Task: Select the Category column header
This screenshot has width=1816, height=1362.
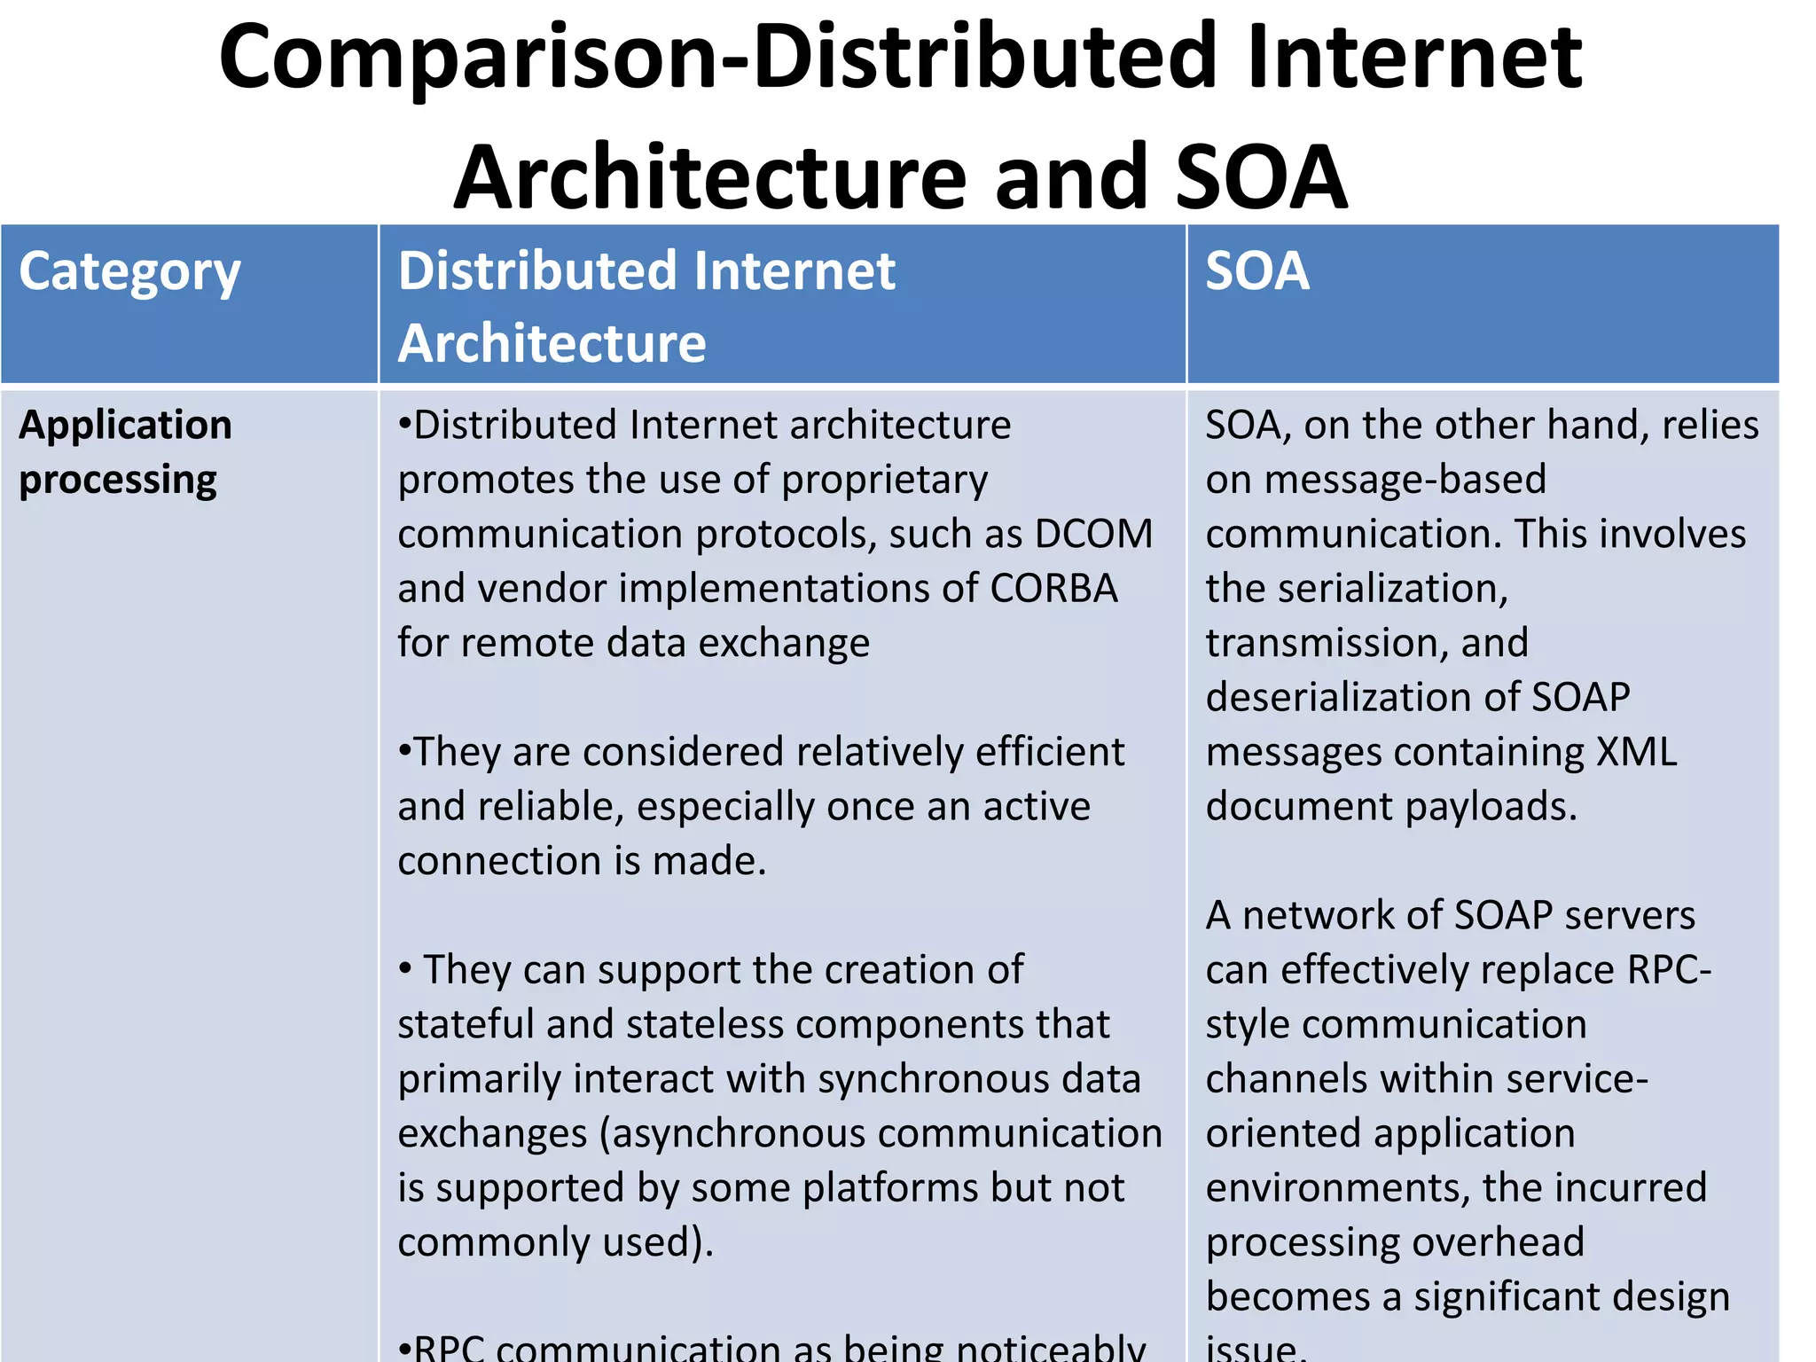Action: coord(129,272)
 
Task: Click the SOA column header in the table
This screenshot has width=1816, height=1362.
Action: coord(1256,270)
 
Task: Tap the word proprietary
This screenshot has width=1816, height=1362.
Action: coord(884,480)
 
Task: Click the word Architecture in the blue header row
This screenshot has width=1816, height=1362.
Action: coord(552,343)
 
